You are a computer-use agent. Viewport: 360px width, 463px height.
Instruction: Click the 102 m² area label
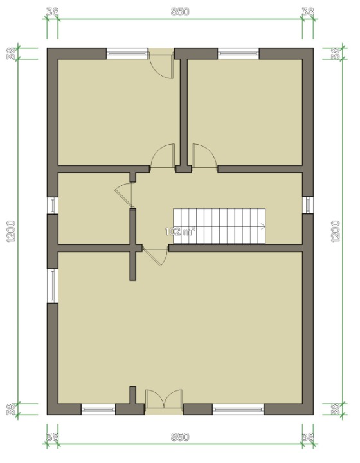tap(180, 232)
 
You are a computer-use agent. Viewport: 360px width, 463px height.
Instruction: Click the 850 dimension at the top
tap(180, 12)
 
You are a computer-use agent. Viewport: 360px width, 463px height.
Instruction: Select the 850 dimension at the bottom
tap(180, 437)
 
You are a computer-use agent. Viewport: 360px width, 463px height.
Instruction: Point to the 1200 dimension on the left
tap(11, 232)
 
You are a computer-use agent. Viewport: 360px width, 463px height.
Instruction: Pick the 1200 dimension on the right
tap(336, 232)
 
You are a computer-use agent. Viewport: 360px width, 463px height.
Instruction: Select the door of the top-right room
tap(204, 156)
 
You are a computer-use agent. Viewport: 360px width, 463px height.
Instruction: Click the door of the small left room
tap(124, 195)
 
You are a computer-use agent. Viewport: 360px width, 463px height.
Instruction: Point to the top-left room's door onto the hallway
tap(163, 156)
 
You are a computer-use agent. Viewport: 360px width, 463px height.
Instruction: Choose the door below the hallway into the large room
tap(156, 256)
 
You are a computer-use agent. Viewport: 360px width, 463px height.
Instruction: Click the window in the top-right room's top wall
tap(238, 53)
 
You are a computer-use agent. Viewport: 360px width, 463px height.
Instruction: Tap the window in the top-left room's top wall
tap(127, 53)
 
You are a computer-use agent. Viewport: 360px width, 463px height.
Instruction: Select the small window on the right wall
tap(308, 205)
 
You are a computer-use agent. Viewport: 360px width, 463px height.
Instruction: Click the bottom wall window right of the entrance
tap(238, 410)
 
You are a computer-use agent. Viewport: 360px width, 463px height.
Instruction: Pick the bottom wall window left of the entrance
tap(98, 410)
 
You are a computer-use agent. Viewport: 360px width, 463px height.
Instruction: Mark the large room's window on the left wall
tap(53, 286)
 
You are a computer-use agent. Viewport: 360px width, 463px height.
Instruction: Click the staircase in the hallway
tap(219, 226)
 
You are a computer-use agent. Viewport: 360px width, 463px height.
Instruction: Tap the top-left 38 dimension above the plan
tap(53, 12)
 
